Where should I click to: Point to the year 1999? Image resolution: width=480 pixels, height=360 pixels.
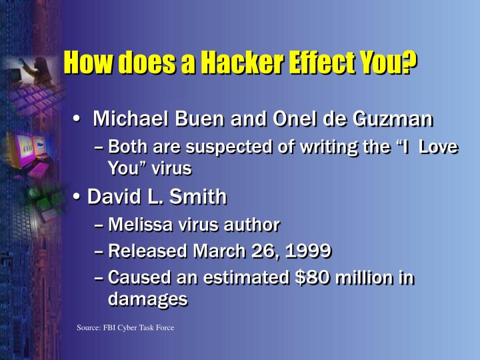[308, 251]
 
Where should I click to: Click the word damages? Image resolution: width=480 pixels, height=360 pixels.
[147, 299]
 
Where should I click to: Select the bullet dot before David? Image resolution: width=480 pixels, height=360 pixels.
[77, 198]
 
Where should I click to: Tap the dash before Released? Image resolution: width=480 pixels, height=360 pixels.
[99, 251]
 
